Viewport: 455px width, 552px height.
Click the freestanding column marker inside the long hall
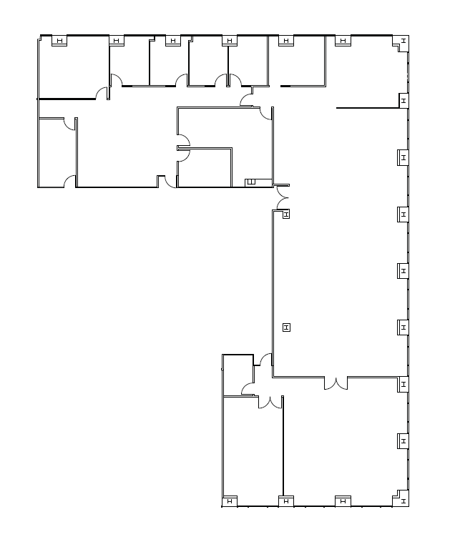pos(287,327)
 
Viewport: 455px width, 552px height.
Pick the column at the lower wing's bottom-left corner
pos(230,501)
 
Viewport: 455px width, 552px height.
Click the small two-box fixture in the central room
pos(251,182)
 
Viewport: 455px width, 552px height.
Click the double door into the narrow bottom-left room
pos(270,402)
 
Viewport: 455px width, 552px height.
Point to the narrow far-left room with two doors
pos(57,152)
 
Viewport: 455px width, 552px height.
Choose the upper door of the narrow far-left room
pos(70,123)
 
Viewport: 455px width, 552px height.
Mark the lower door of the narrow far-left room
pos(69,182)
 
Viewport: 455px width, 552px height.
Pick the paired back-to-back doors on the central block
pos(182,149)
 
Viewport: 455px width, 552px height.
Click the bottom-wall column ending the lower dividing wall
pos(286,501)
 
